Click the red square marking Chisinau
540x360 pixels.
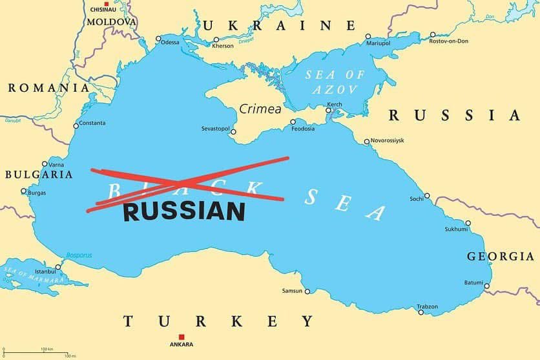tap(107, 5)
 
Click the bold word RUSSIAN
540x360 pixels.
tap(184, 211)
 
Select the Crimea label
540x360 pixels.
tap(260, 109)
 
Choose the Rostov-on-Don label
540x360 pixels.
tap(449, 41)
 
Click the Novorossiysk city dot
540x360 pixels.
tap(366, 142)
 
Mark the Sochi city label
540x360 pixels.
tap(416, 198)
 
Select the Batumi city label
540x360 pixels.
tap(473, 282)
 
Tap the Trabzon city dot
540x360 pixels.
tap(421, 313)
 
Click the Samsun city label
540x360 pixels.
tap(292, 291)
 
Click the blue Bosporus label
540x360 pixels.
tap(78, 255)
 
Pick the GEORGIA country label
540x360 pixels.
tap(500, 257)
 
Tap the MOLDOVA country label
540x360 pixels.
tap(112, 22)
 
